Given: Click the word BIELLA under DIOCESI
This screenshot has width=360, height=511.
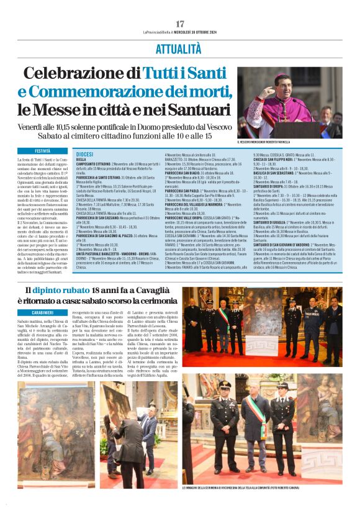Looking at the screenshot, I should tap(82, 158).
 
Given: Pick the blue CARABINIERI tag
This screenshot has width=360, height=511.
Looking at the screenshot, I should tap(43, 313).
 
